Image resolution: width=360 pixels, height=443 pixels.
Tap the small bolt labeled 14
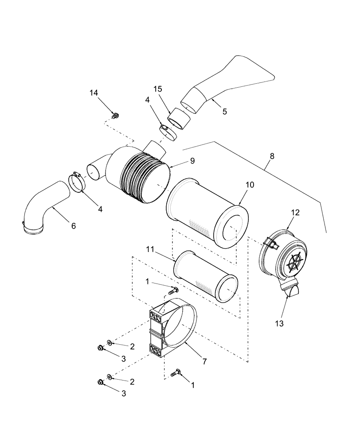pyautogui.click(x=116, y=116)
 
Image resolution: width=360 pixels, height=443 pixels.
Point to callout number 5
pyautogui.click(x=224, y=112)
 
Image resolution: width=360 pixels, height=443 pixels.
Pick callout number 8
pyautogui.click(x=271, y=156)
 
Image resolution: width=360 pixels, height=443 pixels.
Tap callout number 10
pyautogui.click(x=250, y=185)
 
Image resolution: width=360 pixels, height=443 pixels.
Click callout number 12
pyautogui.click(x=295, y=213)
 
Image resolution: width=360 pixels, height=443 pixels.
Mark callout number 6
pyautogui.click(x=73, y=226)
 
